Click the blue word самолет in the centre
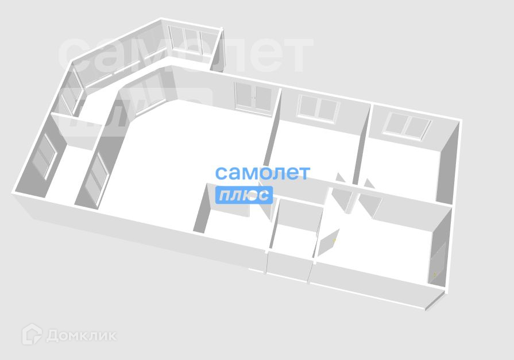click(x=262, y=173)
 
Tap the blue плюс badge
click(x=244, y=195)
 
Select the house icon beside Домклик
click(x=32, y=335)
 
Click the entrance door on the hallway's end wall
click(x=438, y=262)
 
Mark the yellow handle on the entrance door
click(x=435, y=275)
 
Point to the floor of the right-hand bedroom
click(x=402, y=172)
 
